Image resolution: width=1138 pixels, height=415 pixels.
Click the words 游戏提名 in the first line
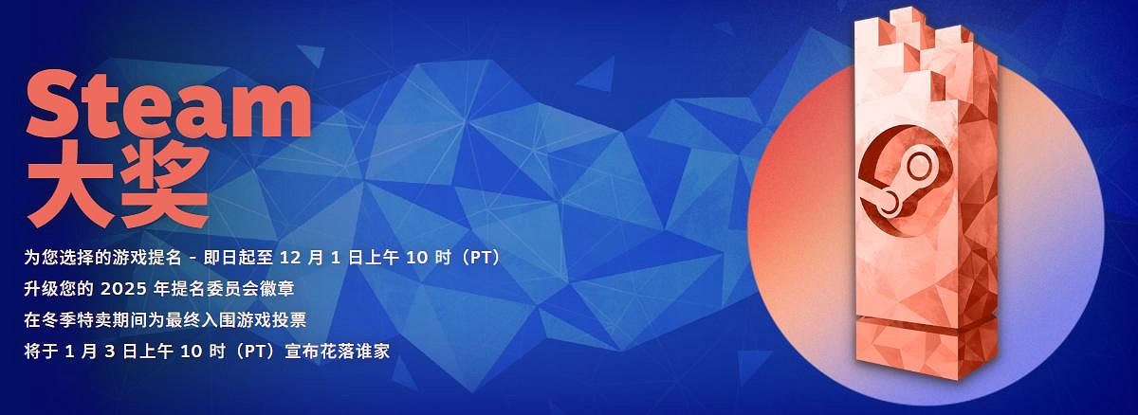pos(164,258)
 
